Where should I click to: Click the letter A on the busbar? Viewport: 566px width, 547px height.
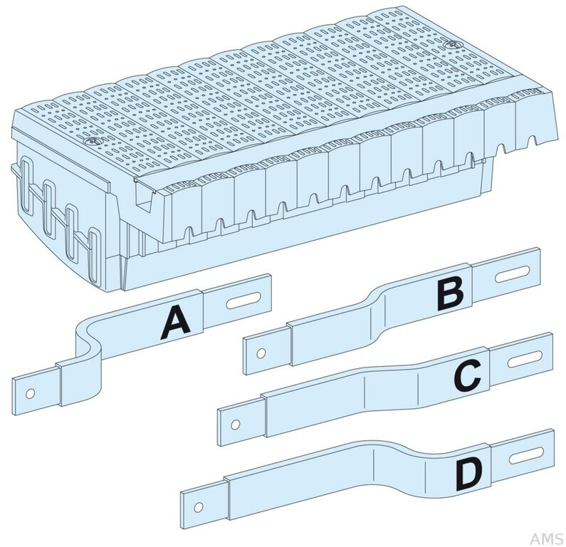(176, 323)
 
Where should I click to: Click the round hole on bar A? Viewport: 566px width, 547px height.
(31, 394)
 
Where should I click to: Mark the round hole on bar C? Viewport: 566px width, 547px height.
(236, 424)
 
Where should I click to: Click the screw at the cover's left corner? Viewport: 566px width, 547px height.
(89, 142)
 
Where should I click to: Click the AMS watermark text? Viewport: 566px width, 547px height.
(546, 538)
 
